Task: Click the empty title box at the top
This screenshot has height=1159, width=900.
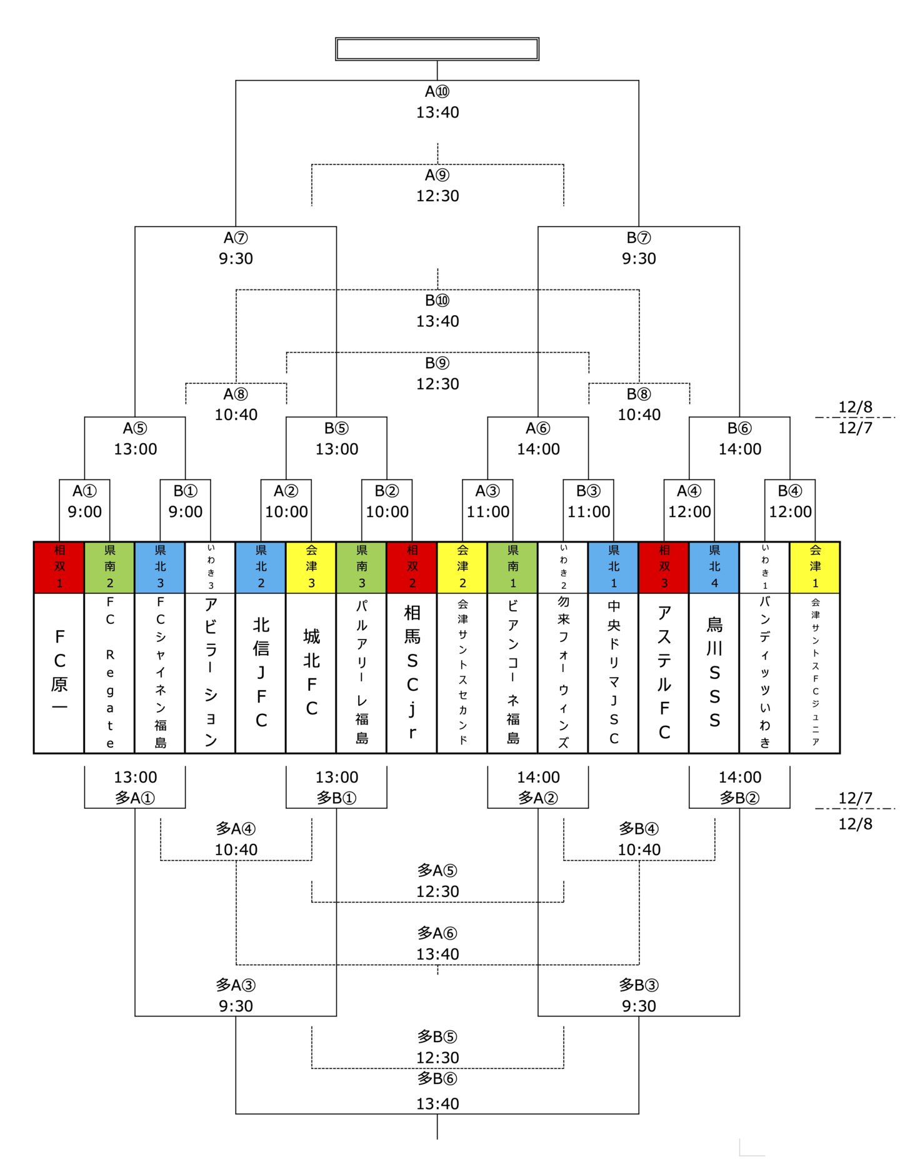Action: [437, 49]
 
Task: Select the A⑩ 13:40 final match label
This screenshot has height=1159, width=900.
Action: [437, 102]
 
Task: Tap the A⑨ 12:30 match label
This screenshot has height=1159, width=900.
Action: [437, 186]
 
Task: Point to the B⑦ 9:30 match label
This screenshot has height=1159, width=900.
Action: [639, 248]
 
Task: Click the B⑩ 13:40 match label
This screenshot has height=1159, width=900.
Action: [437, 311]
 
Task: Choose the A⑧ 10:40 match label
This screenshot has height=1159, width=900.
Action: [236, 404]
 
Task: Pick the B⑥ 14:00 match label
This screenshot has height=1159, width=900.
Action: [739, 439]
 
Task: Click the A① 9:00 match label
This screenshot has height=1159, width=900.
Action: [84, 501]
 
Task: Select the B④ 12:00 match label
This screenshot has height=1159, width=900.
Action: [790, 501]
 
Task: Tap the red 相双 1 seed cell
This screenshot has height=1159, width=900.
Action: [59, 567]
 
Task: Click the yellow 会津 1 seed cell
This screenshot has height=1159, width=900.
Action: [814, 567]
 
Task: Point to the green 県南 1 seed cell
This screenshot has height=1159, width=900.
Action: [512, 567]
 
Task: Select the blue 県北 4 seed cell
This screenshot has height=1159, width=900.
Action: [714, 567]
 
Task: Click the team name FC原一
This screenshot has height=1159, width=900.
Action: [59, 672]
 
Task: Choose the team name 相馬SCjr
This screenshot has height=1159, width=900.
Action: [412, 672]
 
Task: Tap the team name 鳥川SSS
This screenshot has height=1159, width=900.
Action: [714, 672]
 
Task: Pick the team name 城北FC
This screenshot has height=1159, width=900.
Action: [311, 672]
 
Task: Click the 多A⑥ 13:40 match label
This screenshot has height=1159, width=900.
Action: [437, 943]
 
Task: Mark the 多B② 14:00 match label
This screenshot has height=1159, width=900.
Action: [739, 787]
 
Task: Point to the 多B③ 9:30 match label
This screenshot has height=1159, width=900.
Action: [639, 995]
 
